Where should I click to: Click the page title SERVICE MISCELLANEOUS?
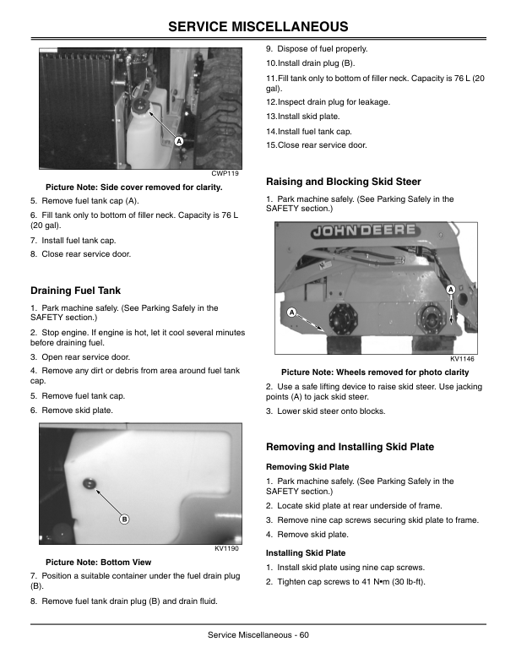(x=258, y=28)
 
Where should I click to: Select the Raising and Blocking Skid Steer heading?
(x=343, y=182)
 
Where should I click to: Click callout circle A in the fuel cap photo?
(x=179, y=141)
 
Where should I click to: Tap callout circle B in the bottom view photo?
(x=124, y=519)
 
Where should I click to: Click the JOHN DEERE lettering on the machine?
(x=365, y=230)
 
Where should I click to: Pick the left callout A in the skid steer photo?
(x=291, y=313)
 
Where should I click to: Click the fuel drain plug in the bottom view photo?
(x=86, y=482)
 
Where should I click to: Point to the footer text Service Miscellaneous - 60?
(x=258, y=635)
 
